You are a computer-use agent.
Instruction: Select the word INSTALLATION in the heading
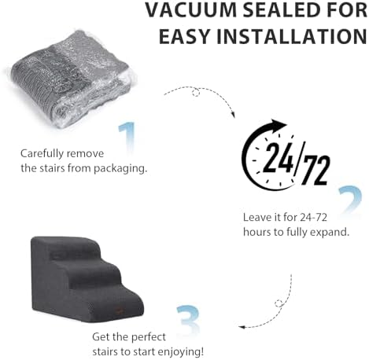(291, 36)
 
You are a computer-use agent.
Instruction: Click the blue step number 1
(127, 138)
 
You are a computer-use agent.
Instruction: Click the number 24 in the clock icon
(278, 158)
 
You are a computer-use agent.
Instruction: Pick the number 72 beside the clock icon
(315, 170)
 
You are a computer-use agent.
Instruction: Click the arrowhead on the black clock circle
(279, 125)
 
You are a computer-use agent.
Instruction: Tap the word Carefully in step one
(42, 154)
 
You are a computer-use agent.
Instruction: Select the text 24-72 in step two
(313, 217)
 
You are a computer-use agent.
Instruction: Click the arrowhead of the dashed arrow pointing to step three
(242, 327)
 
